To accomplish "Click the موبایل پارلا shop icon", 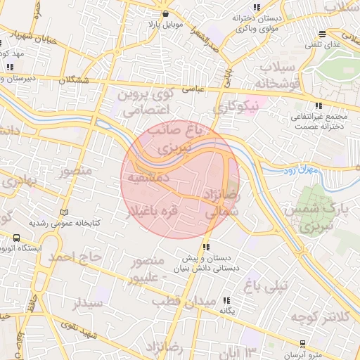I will (x=165, y=13).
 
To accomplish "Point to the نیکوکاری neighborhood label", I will (x=240, y=108).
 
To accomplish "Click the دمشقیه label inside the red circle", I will (x=147, y=178).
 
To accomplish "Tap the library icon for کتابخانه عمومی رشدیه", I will (x=65, y=212).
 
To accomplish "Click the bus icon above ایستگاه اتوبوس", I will (x=16, y=238).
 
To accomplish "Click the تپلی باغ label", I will (x=266, y=285).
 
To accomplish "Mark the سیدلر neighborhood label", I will (x=88, y=304).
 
